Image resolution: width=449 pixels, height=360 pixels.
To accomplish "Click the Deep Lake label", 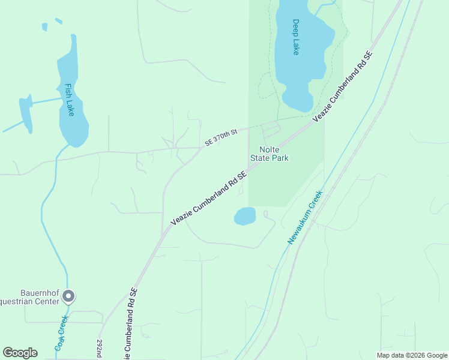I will pyautogui.click(x=295, y=37).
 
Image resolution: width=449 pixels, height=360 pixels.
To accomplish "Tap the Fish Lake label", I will pyautogui.click(x=69, y=100).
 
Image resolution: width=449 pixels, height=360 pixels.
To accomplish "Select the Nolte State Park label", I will pyautogui.click(x=274, y=154).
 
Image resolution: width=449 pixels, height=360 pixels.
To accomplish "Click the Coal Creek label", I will pyautogui.click(x=61, y=334).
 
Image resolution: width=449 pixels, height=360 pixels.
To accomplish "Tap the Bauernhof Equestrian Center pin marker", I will pyautogui.click(x=68, y=296).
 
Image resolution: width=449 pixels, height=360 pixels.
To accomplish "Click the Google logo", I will pyautogui.click(x=20, y=353).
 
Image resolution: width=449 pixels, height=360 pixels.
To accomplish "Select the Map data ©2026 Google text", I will pyautogui.click(x=412, y=355).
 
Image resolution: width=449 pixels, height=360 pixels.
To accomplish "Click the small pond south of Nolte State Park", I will pyautogui.click(x=245, y=216).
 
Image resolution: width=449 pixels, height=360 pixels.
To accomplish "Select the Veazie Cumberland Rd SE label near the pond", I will pyautogui.click(x=208, y=199).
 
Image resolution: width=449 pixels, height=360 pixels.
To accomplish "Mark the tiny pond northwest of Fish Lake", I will pyautogui.click(x=44, y=27).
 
